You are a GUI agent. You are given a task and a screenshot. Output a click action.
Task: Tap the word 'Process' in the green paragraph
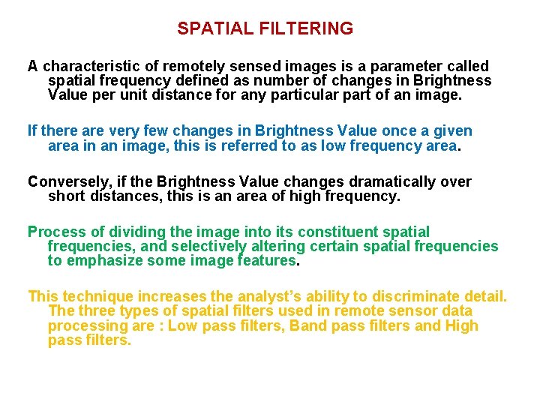click(55, 232)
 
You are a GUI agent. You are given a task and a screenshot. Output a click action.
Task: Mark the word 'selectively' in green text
click(209, 247)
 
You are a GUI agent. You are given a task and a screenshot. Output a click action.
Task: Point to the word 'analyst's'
click(285, 296)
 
